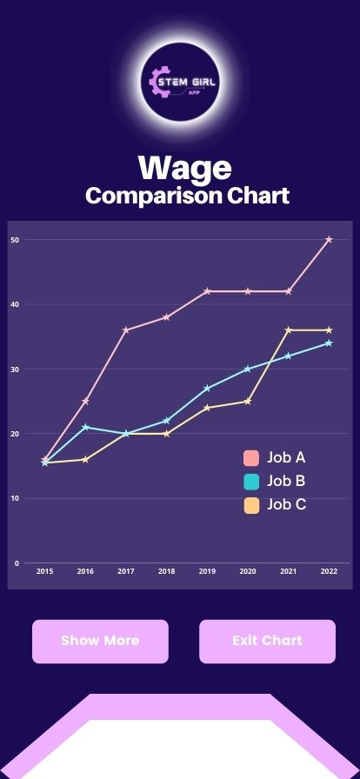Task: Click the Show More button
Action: coord(100,641)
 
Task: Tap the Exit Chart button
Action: coord(267,641)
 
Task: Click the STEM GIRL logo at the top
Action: coord(184,83)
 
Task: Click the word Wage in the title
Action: coord(184,168)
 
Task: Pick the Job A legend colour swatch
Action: coord(252,458)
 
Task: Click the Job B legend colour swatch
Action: coord(252,482)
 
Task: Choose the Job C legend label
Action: coord(286,504)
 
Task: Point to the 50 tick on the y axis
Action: coord(16,239)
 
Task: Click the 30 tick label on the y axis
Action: coord(16,370)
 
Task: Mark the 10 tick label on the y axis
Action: coord(16,499)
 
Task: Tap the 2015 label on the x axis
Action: coord(44,571)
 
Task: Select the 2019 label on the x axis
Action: coord(207,571)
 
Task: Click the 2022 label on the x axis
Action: coord(329,571)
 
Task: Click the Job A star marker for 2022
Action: coord(329,239)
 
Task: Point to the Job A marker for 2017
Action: coord(126,330)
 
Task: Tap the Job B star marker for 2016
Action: coord(85,427)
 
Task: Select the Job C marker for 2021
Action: coord(289,330)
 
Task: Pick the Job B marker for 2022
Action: coord(329,343)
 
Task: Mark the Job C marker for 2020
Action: coord(248,401)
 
